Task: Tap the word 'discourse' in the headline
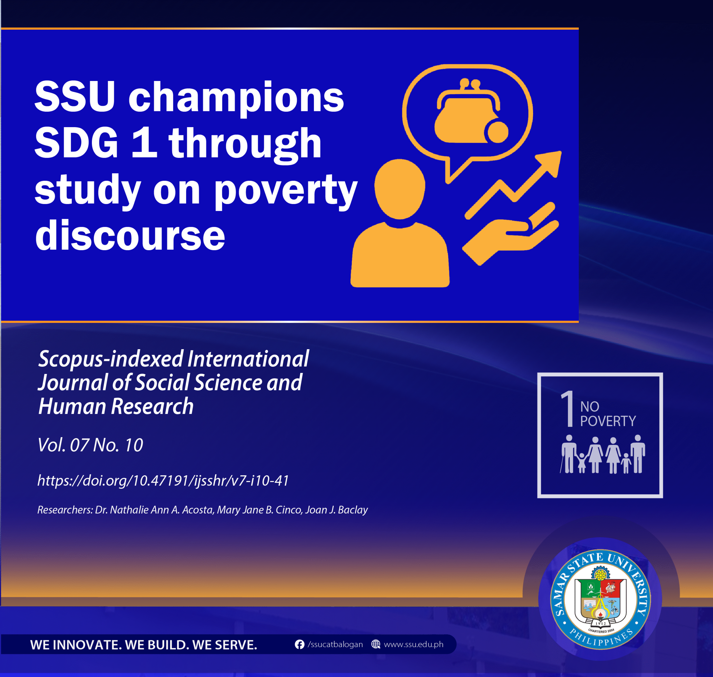(130, 235)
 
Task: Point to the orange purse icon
(466, 112)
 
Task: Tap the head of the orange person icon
(399, 189)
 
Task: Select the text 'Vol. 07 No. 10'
(90, 445)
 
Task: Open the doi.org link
(163, 480)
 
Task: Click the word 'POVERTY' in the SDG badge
(608, 421)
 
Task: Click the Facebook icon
(299, 644)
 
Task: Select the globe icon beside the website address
(376, 644)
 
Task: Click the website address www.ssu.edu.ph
(414, 644)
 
